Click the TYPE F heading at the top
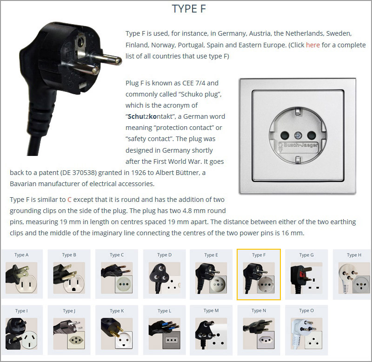[x=189, y=9]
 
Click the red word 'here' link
[x=312, y=45]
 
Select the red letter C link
[x=69, y=200]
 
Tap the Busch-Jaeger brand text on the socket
[x=300, y=145]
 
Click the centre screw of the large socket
[x=298, y=136]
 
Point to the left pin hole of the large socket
[x=285, y=136]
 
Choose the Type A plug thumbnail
[x=21, y=278]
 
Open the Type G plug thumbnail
[x=306, y=278]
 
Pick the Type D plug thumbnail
[x=165, y=278]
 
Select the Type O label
[x=306, y=310]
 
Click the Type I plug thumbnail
[x=21, y=334]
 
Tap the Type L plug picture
[x=165, y=334]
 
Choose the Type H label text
[x=354, y=255]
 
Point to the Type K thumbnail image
[x=117, y=334]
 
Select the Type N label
[x=259, y=310]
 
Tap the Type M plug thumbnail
[x=211, y=334]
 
